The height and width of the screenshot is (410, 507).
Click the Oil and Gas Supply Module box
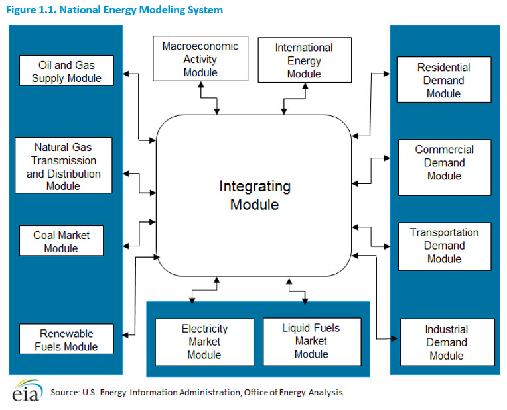pos(66,70)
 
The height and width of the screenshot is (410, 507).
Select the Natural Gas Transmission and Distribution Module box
pos(64,166)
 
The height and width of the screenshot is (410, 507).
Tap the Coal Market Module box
pos(62,240)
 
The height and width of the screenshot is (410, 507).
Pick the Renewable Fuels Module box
pos(66,339)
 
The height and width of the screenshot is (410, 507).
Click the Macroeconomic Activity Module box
pos(200,59)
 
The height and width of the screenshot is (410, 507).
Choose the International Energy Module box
pos(305,60)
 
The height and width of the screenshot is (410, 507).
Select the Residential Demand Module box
pos(444,79)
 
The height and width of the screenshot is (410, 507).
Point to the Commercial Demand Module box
pos(445,168)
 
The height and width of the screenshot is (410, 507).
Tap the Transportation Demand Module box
pos(445,246)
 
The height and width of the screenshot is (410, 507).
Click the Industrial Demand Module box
pos(447,342)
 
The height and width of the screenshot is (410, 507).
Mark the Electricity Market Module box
pos(204,342)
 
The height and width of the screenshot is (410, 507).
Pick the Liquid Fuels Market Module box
pos(312,342)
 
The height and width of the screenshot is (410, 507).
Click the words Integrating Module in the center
pos(255,195)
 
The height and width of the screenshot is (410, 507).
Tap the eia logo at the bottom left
pos(27,390)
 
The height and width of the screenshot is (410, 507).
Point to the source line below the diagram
pos(197,393)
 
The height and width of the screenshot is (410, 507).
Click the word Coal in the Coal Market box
pos(44,235)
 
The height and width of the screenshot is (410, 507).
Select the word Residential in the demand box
pos(443,67)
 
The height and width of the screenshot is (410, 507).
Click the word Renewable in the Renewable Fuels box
pos(66,333)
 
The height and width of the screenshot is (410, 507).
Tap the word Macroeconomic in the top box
pos(200,46)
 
